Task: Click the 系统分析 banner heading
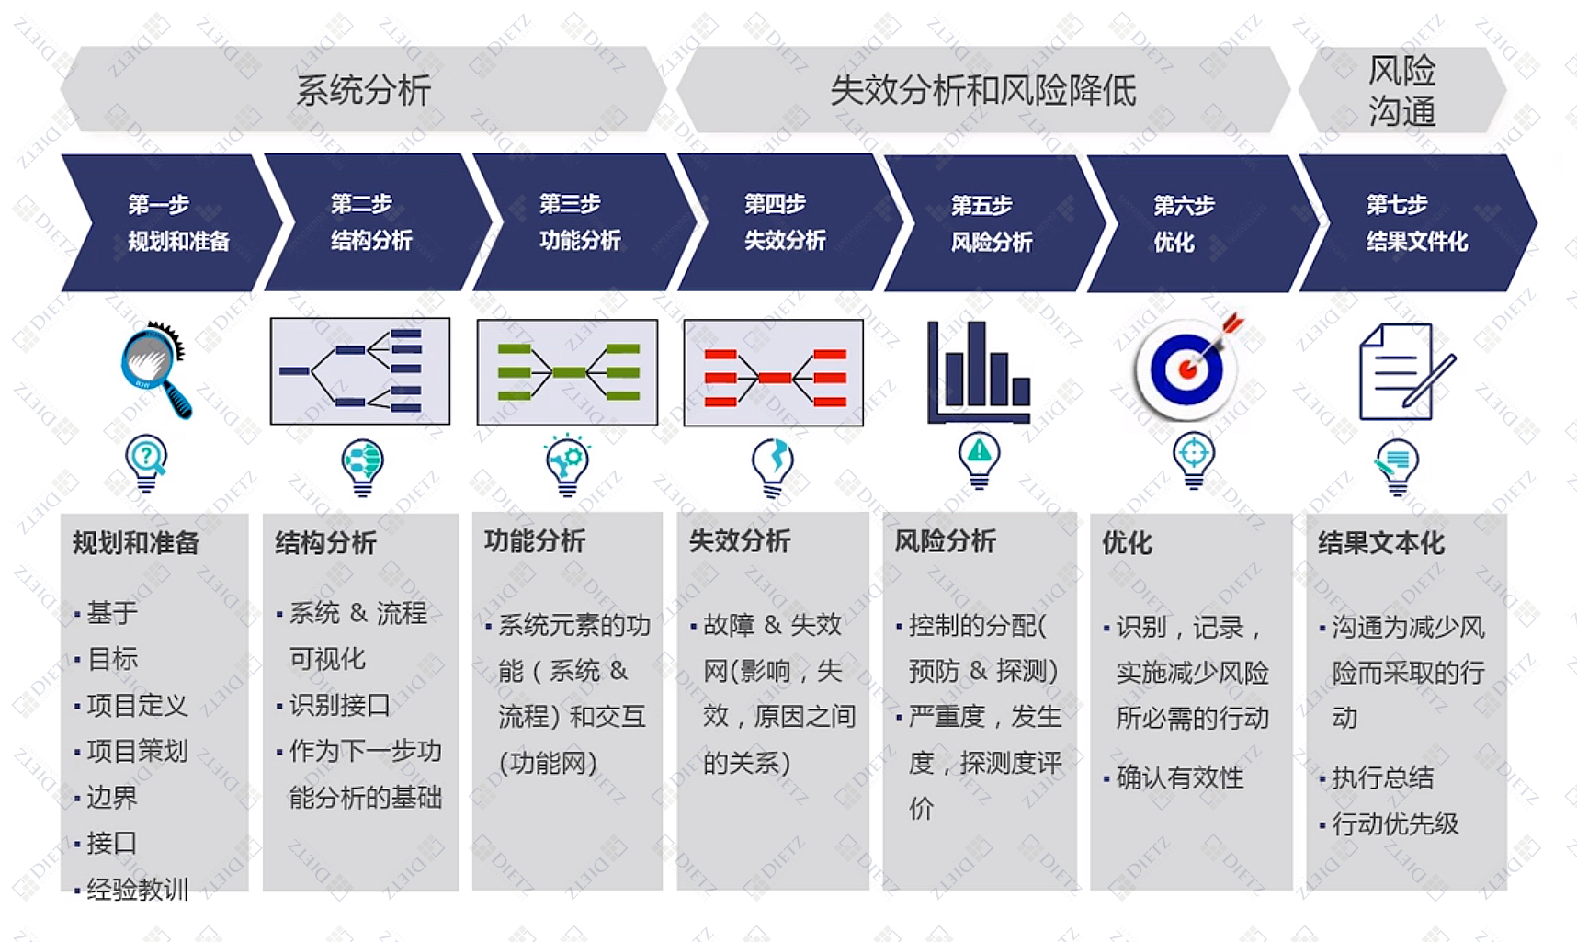click(x=363, y=90)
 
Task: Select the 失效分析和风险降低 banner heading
click(x=981, y=90)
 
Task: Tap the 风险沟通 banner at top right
click(x=1401, y=90)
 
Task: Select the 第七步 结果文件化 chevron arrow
click(x=1415, y=222)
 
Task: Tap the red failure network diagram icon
click(x=773, y=373)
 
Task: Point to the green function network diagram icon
click(x=567, y=372)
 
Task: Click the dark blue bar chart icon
click(x=978, y=371)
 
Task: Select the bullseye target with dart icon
click(x=1187, y=368)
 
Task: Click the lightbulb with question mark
click(x=146, y=462)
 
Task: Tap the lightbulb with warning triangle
click(x=979, y=460)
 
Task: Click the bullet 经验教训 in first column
click(x=137, y=889)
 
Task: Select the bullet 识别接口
click(x=339, y=705)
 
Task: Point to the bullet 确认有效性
click(x=1179, y=777)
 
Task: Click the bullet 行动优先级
click(x=1394, y=823)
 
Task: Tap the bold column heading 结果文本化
click(x=1380, y=542)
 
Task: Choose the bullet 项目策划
click(x=137, y=751)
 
